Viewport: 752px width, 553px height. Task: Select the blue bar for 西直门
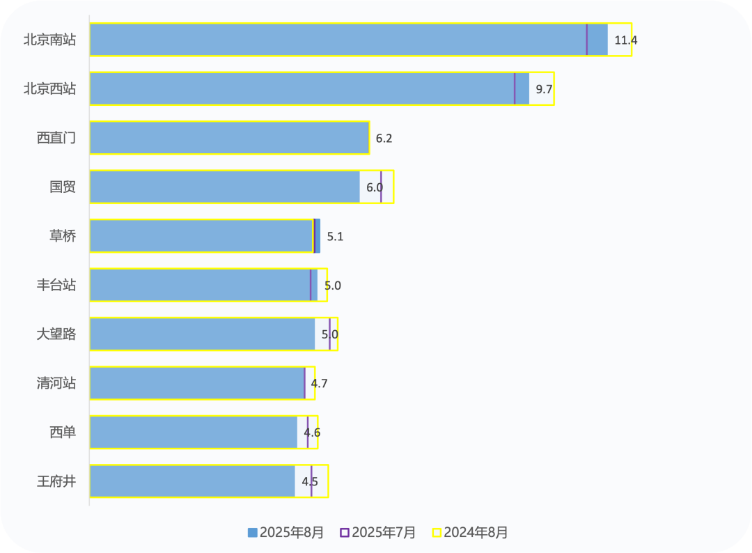tap(229, 138)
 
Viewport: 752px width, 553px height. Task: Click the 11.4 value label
tap(625, 40)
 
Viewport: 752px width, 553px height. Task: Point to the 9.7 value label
tap(544, 89)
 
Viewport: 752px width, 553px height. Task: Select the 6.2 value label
tap(384, 139)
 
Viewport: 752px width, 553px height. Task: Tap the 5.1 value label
tap(335, 237)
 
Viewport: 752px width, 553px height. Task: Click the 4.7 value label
tap(319, 384)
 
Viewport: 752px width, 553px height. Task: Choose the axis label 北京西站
tap(49, 89)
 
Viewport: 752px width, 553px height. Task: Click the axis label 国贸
tap(63, 187)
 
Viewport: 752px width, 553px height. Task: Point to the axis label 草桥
tap(63, 237)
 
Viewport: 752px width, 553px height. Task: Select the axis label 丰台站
tap(56, 286)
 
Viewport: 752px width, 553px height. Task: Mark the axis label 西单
tap(63, 433)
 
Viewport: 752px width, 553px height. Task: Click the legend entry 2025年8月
tap(285, 533)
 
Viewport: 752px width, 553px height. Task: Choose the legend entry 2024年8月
tap(470, 533)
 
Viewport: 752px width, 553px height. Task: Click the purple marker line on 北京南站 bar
tap(586, 40)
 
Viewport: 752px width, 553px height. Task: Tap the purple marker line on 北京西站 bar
tap(515, 88)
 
